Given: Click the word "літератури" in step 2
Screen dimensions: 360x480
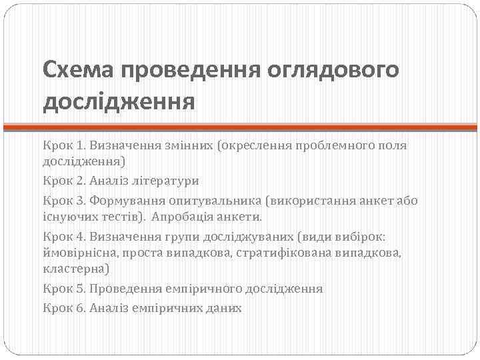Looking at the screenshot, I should point(167,181).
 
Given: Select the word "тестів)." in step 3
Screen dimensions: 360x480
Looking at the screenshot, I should point(121,217).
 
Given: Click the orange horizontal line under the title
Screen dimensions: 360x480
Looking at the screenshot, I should point(240,126).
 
